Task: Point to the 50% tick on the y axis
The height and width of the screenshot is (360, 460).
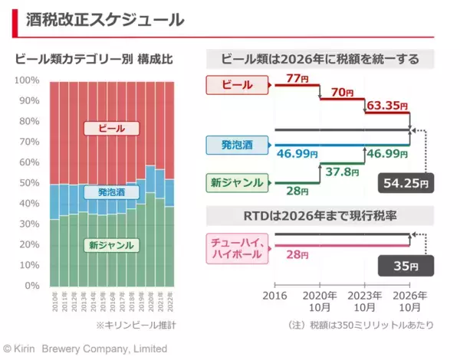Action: [x=29, y=182]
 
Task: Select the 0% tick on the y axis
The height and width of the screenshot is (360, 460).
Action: [x=31, y=285]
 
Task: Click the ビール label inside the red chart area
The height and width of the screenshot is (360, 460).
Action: [x=111, y=127]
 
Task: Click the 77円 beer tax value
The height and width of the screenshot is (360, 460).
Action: [x=297, y=79]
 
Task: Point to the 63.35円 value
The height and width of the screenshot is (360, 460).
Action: [x=386, y=105]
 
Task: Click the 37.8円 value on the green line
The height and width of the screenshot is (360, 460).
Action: [x=341, y=172]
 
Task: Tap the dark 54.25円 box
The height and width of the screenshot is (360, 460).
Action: [x=406, y=185]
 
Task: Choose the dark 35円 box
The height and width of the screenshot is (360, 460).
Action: [x=406, y=266]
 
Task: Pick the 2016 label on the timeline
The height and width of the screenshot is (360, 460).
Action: [x=274, y=294]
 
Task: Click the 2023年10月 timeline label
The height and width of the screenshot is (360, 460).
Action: [x=364, y=300]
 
